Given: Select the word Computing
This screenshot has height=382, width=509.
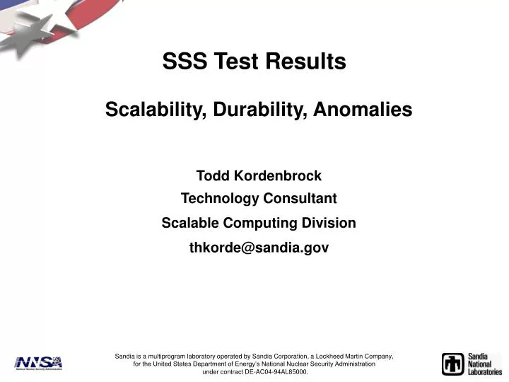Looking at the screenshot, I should [259, 224].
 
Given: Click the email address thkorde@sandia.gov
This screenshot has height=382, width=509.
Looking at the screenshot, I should [259, 248].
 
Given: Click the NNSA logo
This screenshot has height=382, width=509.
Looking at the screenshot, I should [38, 363].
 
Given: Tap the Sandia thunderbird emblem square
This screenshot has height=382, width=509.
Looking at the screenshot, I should [453, 364].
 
